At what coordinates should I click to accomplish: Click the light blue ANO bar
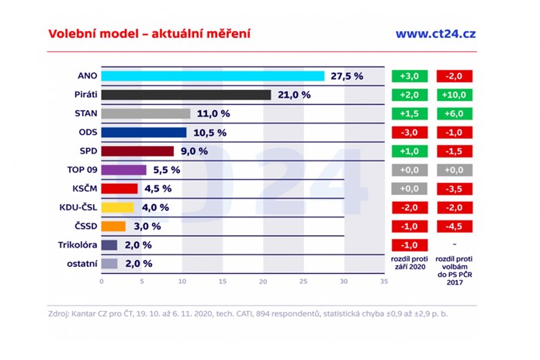tap(213, 76)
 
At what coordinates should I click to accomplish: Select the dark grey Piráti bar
tap(186, 95)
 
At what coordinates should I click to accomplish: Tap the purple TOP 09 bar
tap(123, 170)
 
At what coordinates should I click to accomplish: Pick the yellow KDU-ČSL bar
tap(117, 207)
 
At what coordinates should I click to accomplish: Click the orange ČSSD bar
tap(113, 226)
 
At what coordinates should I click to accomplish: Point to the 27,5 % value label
tap(347, 76)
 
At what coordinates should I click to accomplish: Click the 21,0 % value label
tap(294, 95)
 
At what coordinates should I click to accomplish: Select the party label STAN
tap(85, 113)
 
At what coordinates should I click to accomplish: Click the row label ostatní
tap(80, 264)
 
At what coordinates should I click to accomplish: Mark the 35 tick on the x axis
tap(383, 281)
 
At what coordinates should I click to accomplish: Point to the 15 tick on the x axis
tap(222, 281)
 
